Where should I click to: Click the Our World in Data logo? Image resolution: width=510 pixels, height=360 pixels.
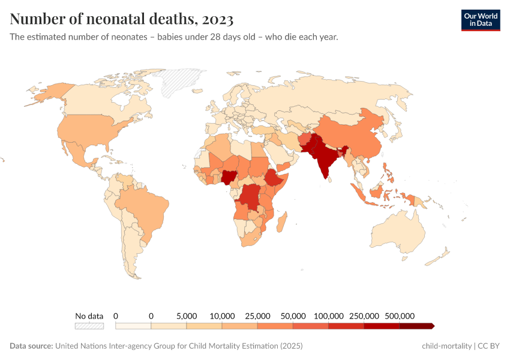480,20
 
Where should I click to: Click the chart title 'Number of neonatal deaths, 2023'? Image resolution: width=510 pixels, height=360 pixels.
122,19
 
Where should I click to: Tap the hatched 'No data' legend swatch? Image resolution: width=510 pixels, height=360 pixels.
89,326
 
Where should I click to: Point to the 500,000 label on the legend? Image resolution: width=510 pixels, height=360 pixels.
400,316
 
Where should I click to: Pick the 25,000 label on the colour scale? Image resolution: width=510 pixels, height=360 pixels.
257,316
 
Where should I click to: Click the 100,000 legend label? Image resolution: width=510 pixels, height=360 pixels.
329,316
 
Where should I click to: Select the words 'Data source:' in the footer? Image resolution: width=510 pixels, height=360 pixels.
31,346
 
